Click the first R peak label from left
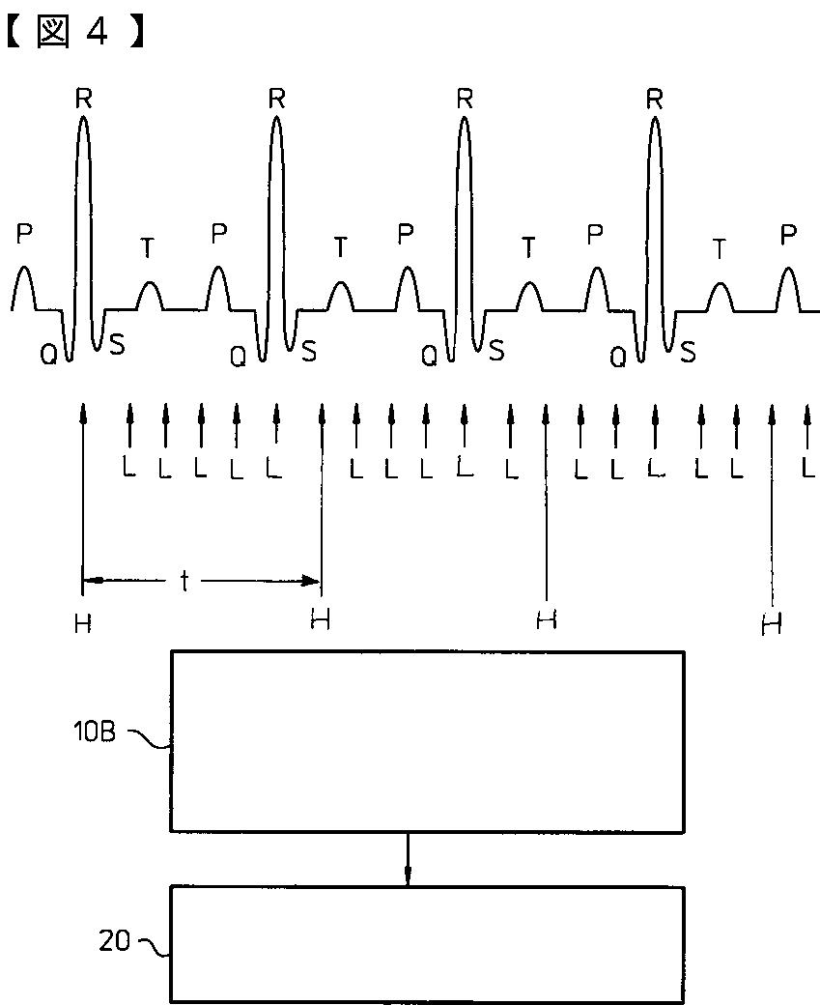coord(83,97)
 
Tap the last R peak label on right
coord(655,97)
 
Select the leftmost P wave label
coord(24,233)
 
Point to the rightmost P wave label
coord(789,235)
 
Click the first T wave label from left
coord(147,248)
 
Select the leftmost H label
coord(83,624)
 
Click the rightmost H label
coord(771,625)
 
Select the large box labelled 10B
coord(427,740)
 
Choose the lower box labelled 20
coord(427,943)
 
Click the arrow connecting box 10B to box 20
coord(408,858)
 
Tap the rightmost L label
coord(806,468)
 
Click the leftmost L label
coord(128,468)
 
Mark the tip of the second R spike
coord(277,118)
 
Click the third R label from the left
coord(465,97)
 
